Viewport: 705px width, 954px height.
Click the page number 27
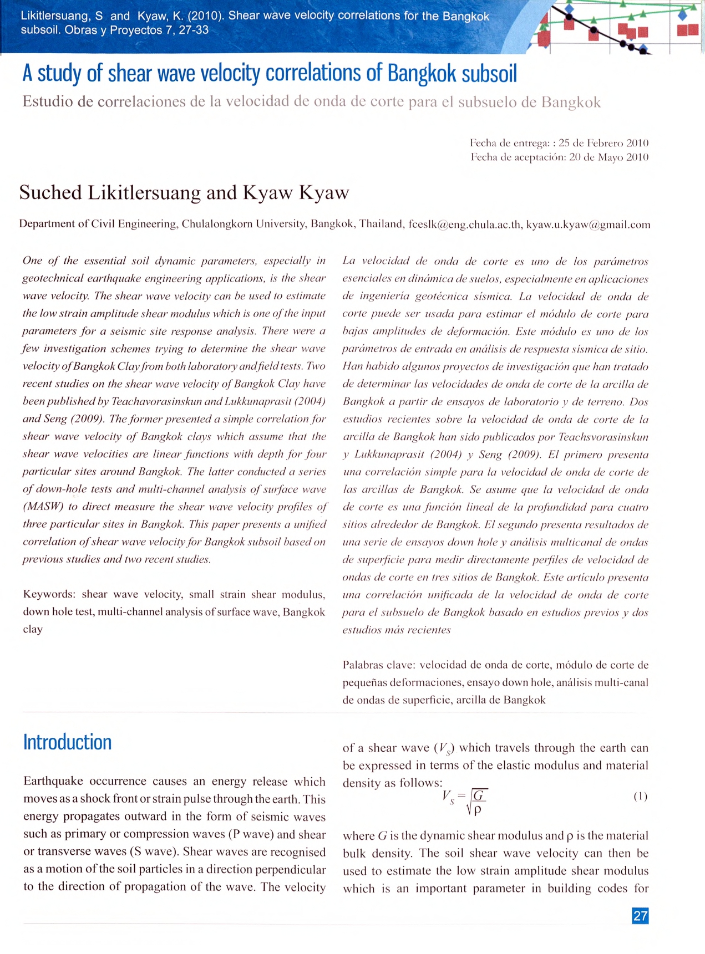point(640,916)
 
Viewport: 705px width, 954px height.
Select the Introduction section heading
point(67,742)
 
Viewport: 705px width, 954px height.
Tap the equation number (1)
point(640,796)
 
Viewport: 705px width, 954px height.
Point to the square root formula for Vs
point(465,802)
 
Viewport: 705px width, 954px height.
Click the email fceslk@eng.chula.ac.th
point(465,225)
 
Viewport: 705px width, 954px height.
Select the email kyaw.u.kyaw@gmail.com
point(588,225)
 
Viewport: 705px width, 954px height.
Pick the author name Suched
point(50,193)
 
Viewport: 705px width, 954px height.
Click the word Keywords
point(49,594)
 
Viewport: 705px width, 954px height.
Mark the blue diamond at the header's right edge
point(682,16)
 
